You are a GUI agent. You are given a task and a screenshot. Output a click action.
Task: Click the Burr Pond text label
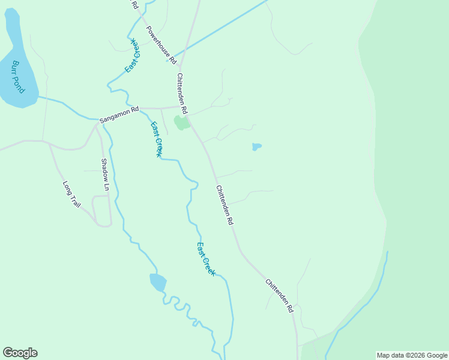17,77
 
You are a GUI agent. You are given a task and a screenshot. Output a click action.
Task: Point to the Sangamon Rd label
119,114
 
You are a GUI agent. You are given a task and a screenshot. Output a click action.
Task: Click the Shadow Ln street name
105,174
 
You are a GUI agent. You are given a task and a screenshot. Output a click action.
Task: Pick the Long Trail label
71,195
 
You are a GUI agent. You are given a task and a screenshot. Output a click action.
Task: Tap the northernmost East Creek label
133,56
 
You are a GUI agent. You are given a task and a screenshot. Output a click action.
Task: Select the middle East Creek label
156,139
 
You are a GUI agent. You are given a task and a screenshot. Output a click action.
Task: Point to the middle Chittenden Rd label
225,205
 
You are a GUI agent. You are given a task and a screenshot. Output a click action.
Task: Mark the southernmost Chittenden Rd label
279,295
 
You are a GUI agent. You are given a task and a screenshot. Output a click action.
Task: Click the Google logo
20,353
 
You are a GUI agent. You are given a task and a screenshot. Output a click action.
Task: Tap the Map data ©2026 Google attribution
412,355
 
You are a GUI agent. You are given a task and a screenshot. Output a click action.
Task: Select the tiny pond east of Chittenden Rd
256,146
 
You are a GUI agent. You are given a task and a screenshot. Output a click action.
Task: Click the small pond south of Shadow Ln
158,281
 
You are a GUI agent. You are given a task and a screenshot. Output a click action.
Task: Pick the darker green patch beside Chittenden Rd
181,123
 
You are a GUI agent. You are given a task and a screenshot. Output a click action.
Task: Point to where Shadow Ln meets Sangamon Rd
97,125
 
